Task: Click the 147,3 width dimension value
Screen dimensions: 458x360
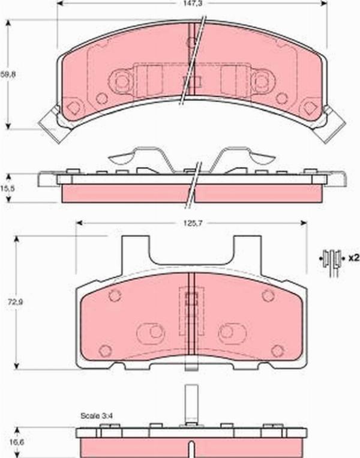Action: click(191, 4)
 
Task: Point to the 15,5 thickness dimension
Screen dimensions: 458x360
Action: click(7, 188)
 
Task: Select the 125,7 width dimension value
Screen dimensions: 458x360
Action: click(191, 223)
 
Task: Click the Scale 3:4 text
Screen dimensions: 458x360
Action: click(96, 415)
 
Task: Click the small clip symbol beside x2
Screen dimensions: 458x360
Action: click(331, 258)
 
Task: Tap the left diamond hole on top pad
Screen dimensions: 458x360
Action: click(73, 109)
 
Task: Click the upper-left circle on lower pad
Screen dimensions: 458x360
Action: click(115, 295)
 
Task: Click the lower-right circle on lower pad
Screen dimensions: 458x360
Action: click(277, 351)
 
